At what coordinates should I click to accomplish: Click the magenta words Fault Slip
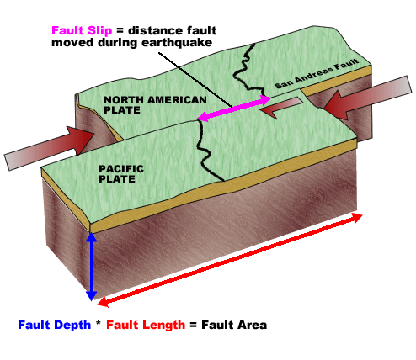[x=82, y=30]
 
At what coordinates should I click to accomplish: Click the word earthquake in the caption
[x=177, y=43]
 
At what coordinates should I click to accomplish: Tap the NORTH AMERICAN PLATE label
[x=155, y=105]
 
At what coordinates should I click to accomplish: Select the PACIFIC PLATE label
[x=121, y=174]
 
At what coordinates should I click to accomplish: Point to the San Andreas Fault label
[x=317, y=73]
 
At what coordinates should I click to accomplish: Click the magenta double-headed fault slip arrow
[x=234, y=109]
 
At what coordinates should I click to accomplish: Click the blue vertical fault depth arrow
[x=91, y=267]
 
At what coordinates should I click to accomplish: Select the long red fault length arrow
[x=230, y=260]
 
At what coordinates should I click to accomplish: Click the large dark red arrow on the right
[x=368, y=97]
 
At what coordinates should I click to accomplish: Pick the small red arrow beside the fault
[x=280, y=108]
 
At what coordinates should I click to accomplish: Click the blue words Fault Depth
[x=55, y=325]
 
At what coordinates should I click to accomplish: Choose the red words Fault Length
[x=146, y=325]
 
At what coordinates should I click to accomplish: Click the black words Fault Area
[x=234, y=325]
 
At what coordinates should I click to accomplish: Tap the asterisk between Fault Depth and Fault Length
[x=99, y=324]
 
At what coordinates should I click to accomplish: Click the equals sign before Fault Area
[x=193, y=326]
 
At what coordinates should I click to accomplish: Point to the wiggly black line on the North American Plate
[x=248, y=70]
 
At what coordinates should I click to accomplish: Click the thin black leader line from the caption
[x=195, y=80]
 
